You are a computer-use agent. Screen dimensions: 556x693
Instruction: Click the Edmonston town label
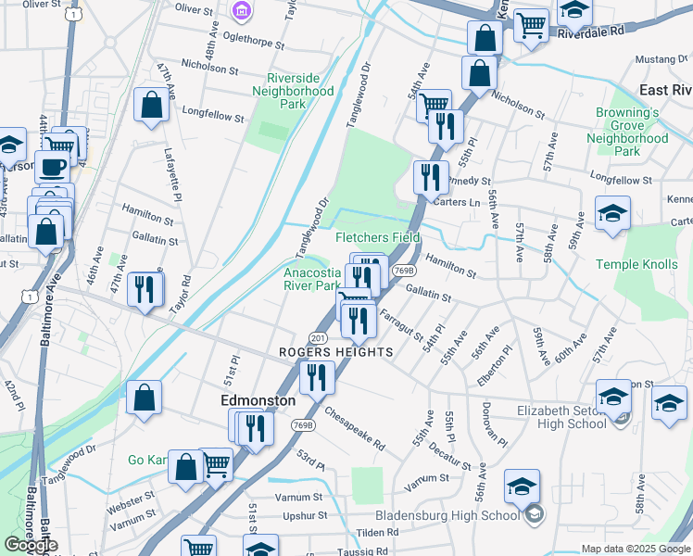[258, 400]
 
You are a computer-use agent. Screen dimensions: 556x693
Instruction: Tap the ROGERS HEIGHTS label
[336, 353]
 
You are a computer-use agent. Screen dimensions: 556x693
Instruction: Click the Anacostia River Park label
[312, 279]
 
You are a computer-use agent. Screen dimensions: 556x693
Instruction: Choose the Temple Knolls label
[637, 265]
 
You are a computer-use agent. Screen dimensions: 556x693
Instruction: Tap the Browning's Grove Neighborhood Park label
[627, 132]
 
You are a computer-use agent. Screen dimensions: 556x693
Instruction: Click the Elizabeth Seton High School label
[561, 417]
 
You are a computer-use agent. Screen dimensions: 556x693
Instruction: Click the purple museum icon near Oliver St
[241, 11]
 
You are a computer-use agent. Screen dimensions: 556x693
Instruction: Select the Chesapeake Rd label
[354, 431]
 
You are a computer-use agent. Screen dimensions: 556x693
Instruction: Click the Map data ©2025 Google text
[635, 549]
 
